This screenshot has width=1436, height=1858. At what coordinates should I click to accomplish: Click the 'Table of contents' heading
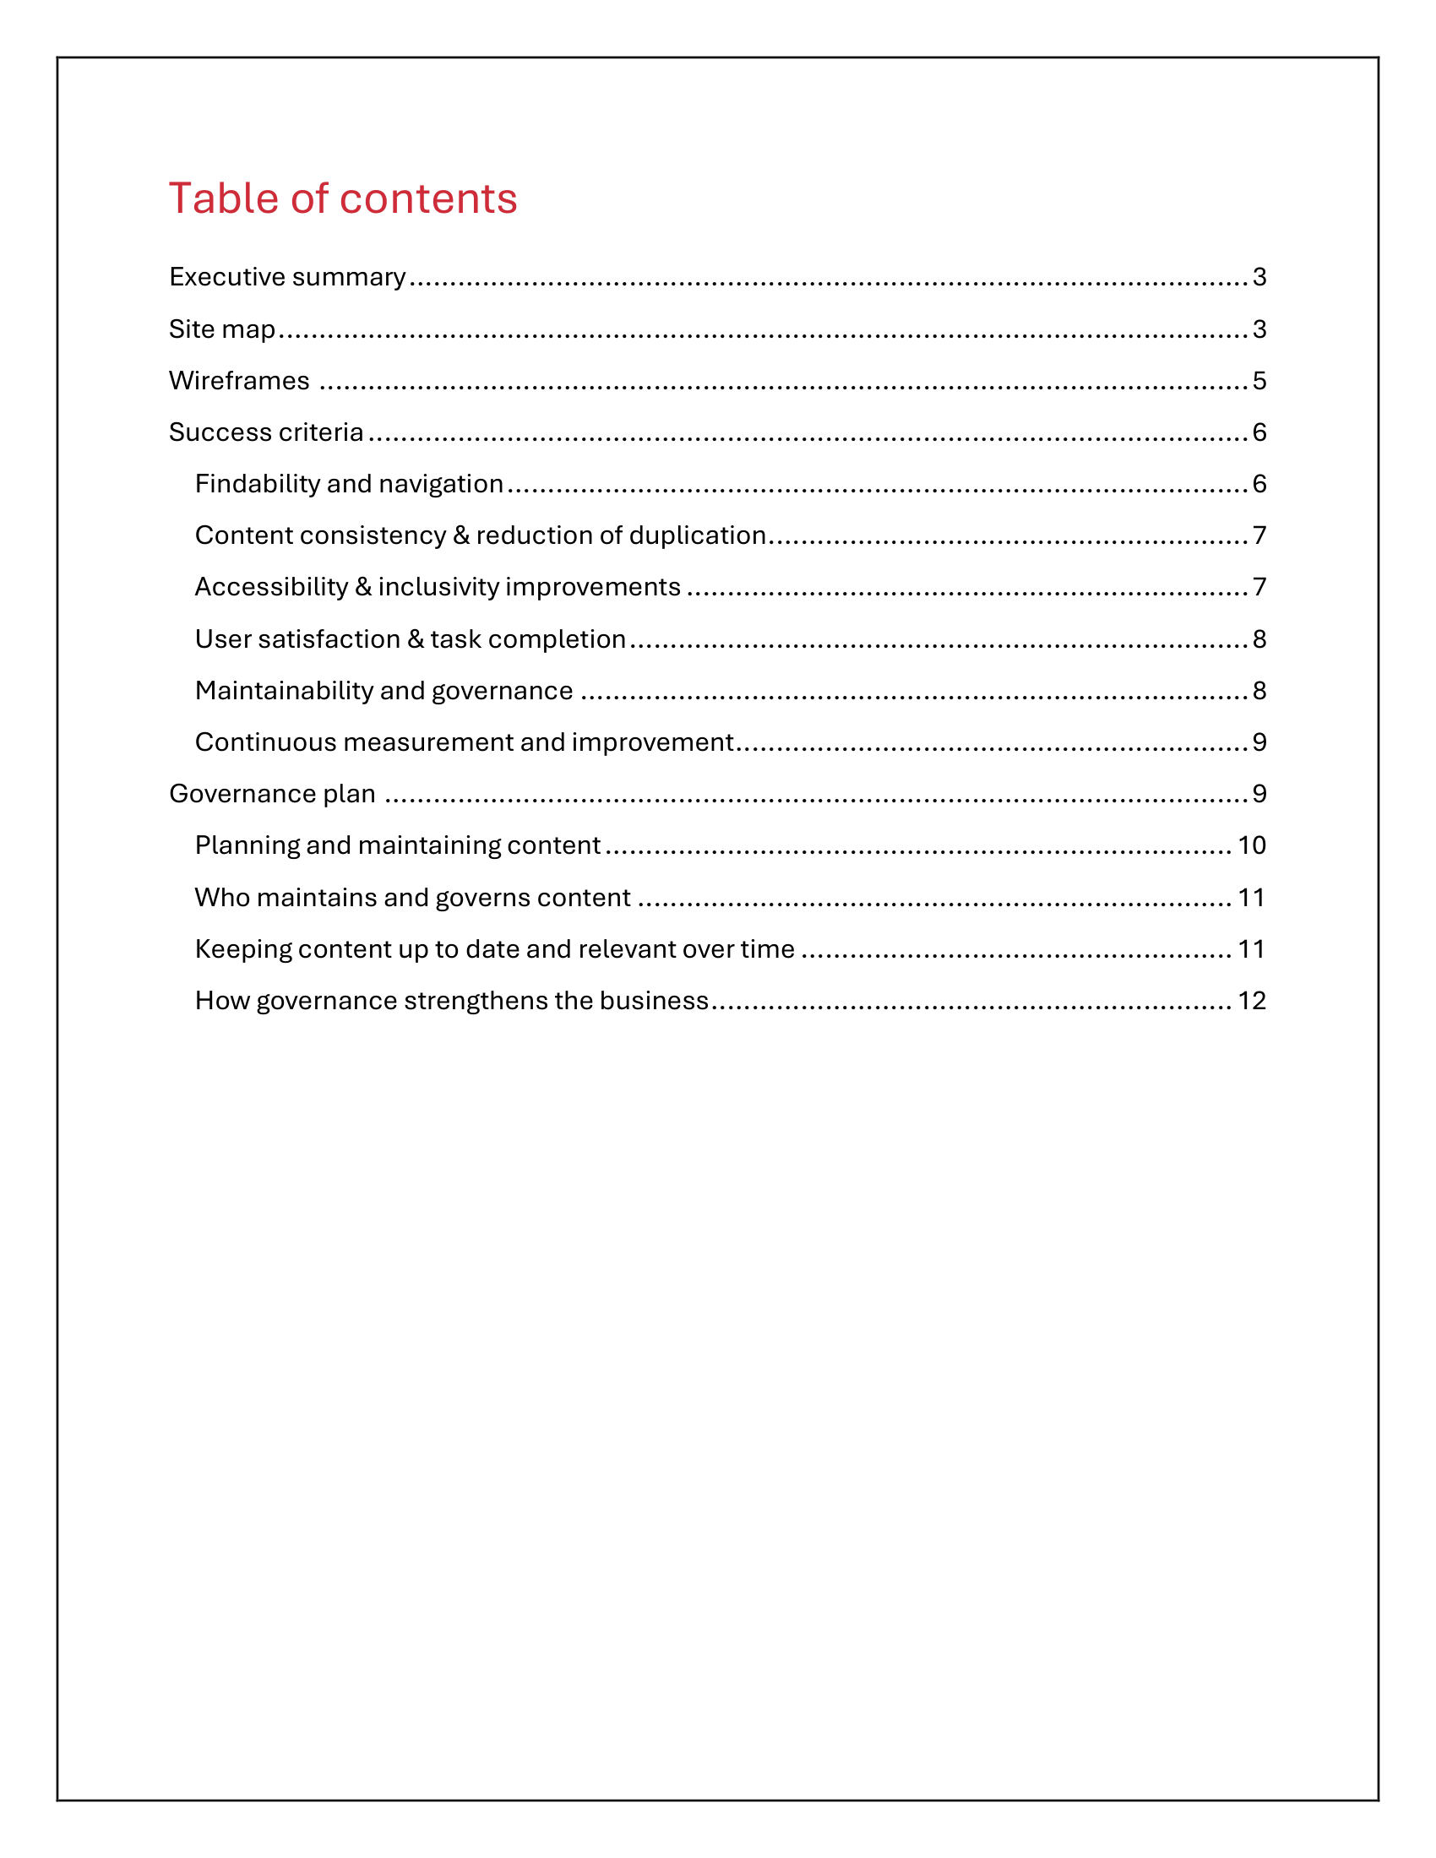343,198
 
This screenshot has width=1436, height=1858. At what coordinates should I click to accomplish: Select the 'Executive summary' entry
287,276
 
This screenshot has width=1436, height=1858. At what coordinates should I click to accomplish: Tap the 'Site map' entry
222,329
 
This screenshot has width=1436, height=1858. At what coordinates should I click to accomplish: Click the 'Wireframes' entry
239,380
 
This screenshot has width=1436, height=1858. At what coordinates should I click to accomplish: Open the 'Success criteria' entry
266,432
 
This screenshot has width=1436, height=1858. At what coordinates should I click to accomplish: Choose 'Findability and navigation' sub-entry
349,483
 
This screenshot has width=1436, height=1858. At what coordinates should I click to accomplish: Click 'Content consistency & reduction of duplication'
481,535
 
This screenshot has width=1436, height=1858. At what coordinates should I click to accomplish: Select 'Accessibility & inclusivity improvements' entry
438,587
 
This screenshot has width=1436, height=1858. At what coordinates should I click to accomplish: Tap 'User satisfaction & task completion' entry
410,639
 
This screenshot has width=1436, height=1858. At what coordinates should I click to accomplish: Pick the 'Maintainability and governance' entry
383,690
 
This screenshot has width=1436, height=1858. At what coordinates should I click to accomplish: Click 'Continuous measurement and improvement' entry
464,742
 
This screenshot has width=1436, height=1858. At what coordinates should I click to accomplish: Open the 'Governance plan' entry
272,794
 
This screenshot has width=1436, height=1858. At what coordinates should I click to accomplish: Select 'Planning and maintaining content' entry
397,845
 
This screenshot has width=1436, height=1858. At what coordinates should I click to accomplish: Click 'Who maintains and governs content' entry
412,898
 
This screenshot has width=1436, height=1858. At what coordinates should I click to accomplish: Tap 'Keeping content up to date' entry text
494,948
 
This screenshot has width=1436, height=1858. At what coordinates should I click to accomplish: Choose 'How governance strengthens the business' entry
452,1001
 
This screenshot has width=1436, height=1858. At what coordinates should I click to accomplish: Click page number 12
1251,1001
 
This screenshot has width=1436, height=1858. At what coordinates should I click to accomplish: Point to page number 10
1251,845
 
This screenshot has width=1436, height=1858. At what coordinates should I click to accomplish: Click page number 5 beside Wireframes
1259,380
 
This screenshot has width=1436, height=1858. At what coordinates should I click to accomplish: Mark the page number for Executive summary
1259,276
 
